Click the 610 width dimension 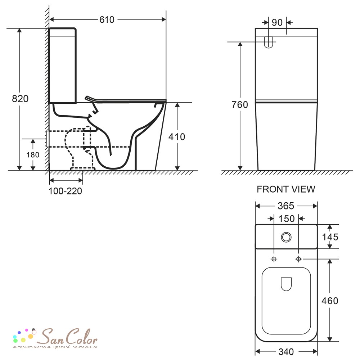[107, 20]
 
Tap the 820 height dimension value [20, 99]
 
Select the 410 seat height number [176, 137]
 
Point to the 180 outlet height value [33, 155]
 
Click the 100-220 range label [65, 191]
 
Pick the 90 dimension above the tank [277, 22]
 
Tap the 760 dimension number [240, 105]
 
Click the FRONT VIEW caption [286, 189]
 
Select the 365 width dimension [286, 206]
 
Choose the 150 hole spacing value [286, 219]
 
